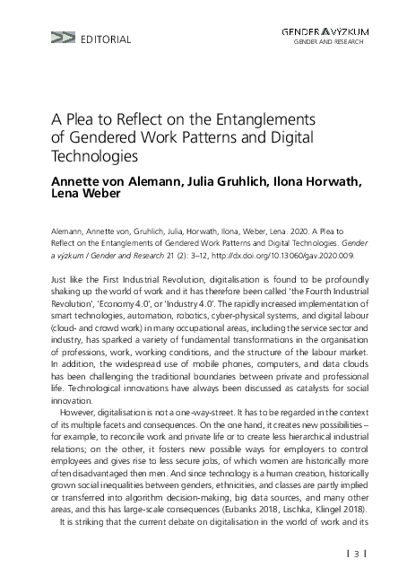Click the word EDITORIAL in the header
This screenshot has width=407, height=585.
[x=106, y=39]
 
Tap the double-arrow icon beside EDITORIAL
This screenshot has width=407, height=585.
[x=63, y=39]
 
